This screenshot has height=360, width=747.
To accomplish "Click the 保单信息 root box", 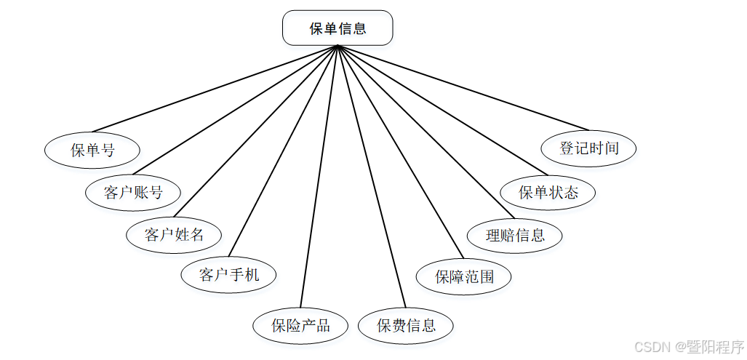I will tap(337, 28).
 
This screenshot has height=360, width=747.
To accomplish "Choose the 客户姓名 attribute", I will tap(174, 235).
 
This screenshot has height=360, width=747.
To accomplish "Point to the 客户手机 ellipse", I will tap(229, 275).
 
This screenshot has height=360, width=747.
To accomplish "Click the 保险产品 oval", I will tap(301, 325).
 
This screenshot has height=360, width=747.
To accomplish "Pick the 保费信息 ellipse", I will tap(407, 325).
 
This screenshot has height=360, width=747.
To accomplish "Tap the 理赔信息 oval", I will tap(515, 235).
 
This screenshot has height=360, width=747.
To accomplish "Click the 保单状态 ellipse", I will tap(548, 193).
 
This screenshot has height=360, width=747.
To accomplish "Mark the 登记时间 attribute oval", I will tap(589, 148).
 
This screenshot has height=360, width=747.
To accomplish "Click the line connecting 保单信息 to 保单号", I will tap(215, 88).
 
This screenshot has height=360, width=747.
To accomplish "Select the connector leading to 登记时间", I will tap(462, 87).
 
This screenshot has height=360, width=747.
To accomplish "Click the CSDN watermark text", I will tap(688, 347).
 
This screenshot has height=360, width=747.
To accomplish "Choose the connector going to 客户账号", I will tap(236, 110).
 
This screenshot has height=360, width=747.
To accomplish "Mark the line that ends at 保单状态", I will tap(437, 111).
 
